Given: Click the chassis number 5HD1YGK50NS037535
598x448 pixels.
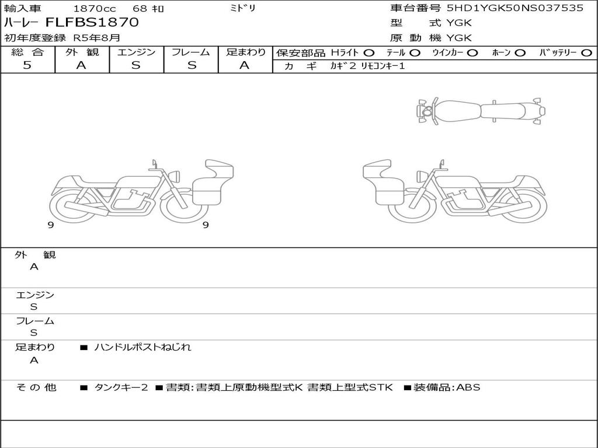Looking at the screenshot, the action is point(515,8).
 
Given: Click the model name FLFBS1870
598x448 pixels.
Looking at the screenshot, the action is point(92,22).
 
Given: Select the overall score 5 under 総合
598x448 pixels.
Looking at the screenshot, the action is point(27,65).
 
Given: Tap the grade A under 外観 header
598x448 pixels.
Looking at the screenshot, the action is point(81,65).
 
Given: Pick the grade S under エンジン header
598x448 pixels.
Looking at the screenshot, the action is point(136,65).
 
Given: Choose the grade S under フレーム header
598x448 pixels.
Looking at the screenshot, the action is point(192,65).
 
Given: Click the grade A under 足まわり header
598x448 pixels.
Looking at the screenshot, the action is point(245,65).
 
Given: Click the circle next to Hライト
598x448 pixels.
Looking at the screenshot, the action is point(369,53).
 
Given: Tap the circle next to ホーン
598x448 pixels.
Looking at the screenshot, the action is point(520,53).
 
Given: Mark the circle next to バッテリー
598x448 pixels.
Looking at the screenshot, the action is point(587,53).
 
